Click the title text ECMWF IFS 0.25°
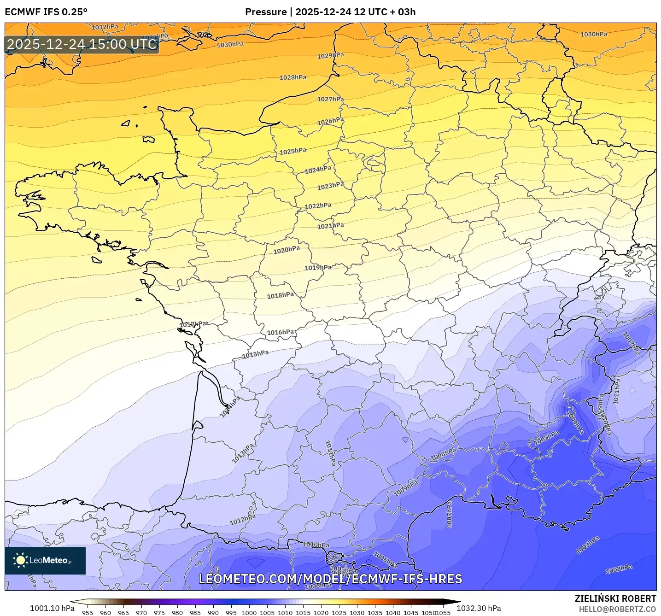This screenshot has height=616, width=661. [46, 12]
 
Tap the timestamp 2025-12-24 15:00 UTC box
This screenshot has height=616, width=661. [82, 44]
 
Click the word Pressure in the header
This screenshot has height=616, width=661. [265, 12]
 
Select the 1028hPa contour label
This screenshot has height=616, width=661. [293, 77]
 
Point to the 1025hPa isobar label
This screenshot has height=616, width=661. [293, 151]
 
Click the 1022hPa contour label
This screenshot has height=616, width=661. [318, 205]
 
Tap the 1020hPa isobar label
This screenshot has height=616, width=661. [287, 250]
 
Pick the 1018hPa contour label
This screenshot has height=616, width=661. [281, 295]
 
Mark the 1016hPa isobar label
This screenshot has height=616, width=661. [281, 332]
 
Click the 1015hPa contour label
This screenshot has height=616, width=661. [255, 354]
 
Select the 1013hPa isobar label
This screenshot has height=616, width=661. [243, 453]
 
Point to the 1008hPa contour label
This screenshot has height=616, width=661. [443, 454]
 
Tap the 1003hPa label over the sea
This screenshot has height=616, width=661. [587, 545]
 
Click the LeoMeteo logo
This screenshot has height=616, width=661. [45, 560]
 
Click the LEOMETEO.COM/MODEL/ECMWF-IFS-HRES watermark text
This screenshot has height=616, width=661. [330, 579]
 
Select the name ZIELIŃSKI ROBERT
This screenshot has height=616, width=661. [615, 598]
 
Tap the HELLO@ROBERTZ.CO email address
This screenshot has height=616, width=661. [617, 609]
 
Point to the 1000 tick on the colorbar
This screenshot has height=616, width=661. [249, 612]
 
